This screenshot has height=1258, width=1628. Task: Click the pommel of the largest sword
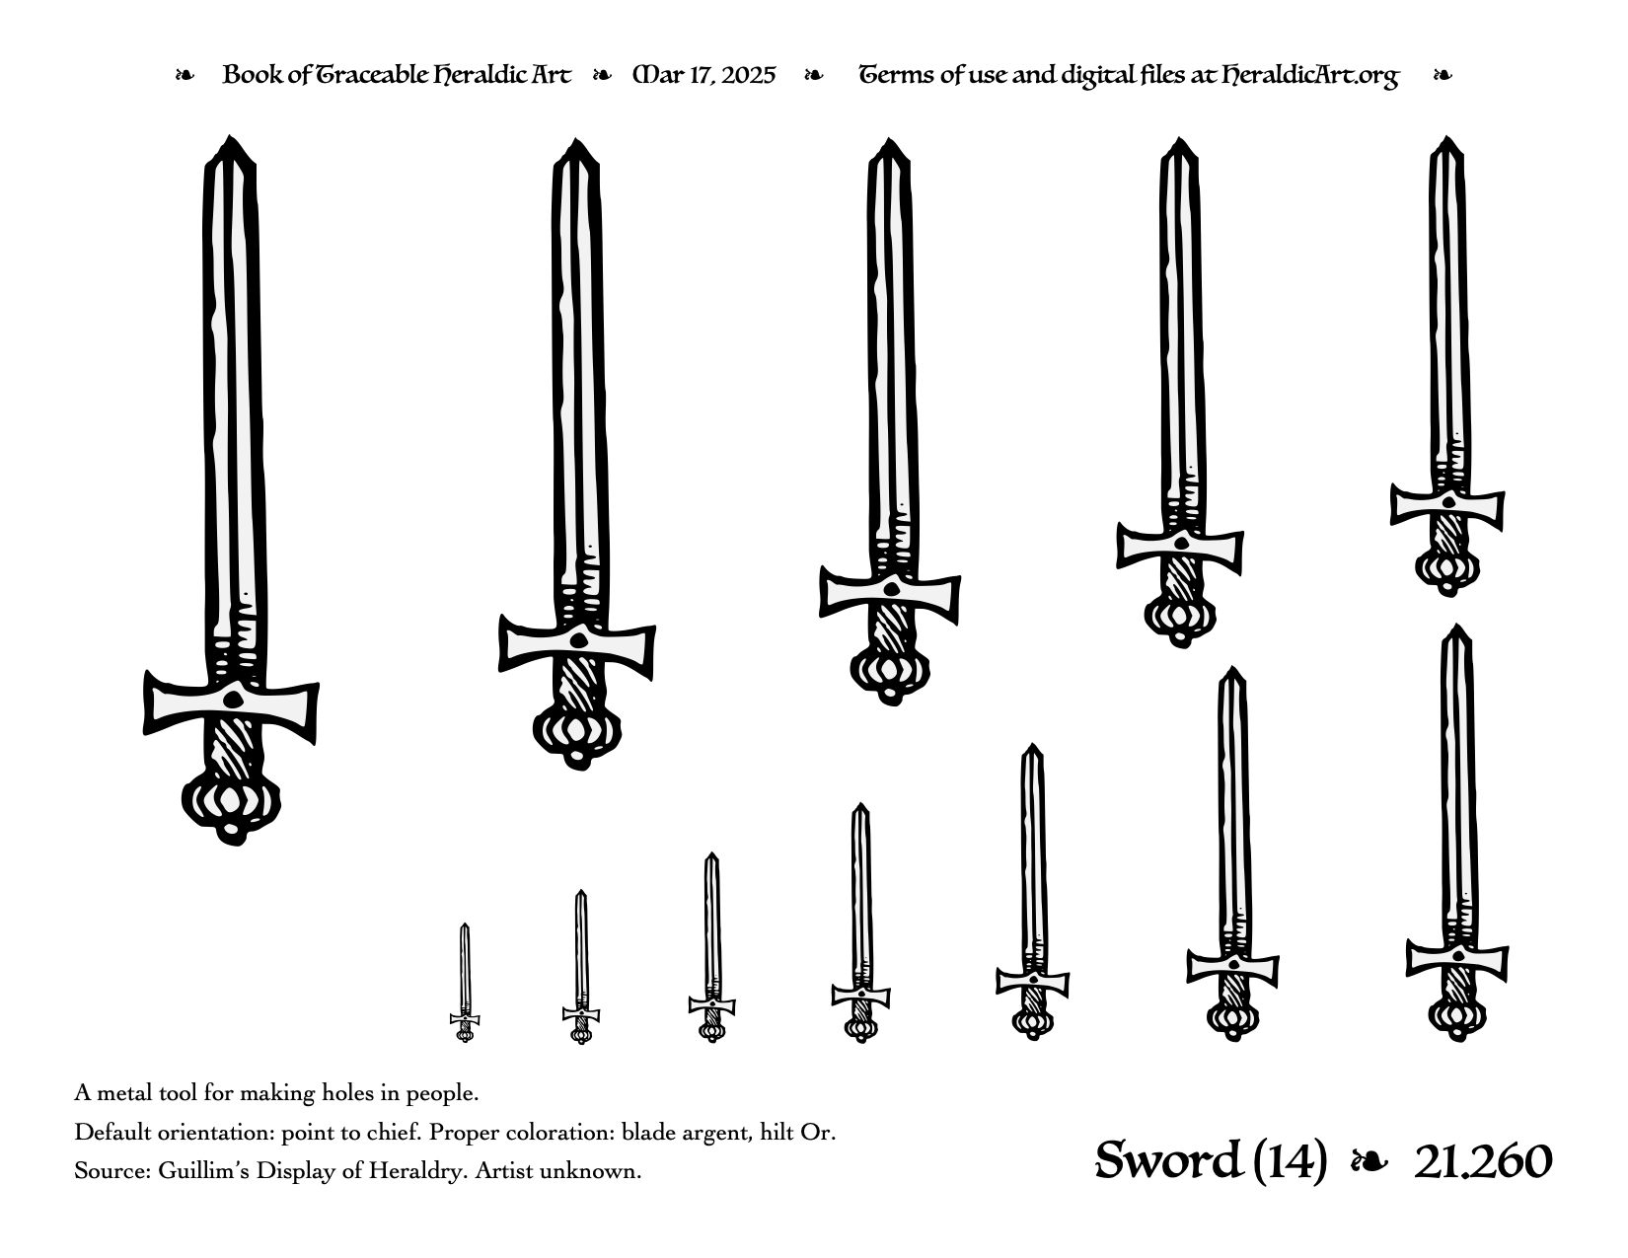click(x=231, y=806)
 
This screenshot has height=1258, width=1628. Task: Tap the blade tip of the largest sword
click(x=229, y=135)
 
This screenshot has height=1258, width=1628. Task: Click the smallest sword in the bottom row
click(x=465, y=983)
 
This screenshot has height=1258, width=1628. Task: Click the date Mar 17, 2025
click(x=704, y=75)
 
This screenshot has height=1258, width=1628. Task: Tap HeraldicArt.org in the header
click(x=1309, y=76)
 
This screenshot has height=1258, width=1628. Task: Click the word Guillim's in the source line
click(x=202, y=1171)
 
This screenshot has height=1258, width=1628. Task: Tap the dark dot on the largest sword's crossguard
click(x=233, y=701)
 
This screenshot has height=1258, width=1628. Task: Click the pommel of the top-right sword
click(x=1446, y=572)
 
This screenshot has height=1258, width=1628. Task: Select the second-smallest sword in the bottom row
click(x=580, y=967)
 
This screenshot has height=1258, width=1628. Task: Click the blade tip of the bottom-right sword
click(x=1456, y=625)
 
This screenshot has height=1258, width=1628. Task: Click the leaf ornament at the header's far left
click(x=185, y=75)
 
